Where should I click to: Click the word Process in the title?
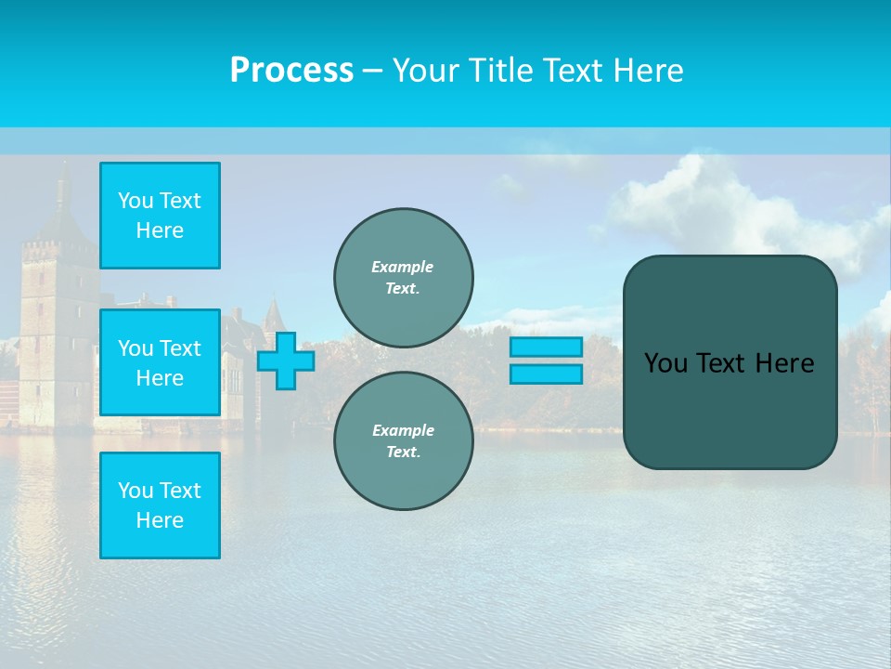(x=291, y=71)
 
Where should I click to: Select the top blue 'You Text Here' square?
(x=160, y=216)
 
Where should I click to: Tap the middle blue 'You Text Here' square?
(x=160, y=362)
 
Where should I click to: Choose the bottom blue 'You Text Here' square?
(x=160, y=505)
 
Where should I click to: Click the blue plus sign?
(x=286, y=361)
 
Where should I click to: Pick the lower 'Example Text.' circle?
(x=403, y=440)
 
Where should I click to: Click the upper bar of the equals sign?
(x=546, y=348)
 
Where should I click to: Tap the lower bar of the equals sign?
(x=546, y=374)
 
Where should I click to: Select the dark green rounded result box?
(x=730, y=409)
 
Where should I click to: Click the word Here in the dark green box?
(x=784, y=363)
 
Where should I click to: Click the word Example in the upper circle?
(x=403, y=267)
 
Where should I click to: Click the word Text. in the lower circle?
(x=403, y=452)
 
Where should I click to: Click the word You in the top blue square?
(x=136, y=201)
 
